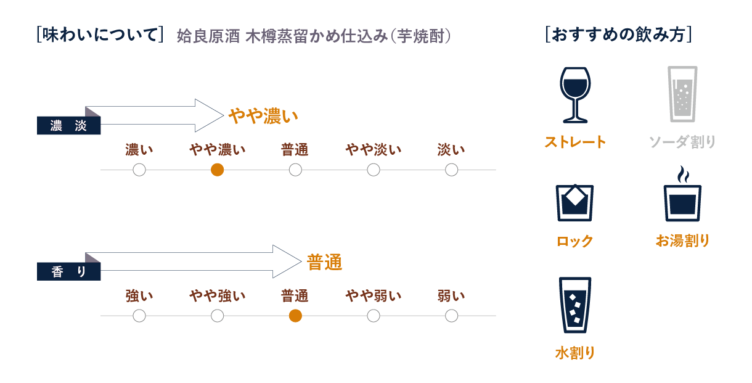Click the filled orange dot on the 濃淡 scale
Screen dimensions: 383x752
coord(217,170)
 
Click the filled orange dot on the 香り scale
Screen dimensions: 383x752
coord(295,316)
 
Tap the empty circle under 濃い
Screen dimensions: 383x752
coord(139,170)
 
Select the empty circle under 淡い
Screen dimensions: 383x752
coord(452,170)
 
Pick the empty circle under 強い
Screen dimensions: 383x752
coord(139,316)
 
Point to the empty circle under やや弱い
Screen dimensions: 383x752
coord(374,316)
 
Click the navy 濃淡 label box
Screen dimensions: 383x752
coord(68,126)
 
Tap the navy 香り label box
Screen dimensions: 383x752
coord(68,271)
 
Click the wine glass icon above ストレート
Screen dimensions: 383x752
coord(575,94)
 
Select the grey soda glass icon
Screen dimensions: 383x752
coord(682,94)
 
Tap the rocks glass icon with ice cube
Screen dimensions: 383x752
coord(575,202)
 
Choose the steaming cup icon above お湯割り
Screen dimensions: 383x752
coord(682,194)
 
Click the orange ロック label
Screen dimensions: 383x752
coord(575,241)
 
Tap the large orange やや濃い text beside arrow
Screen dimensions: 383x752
coord(263,116)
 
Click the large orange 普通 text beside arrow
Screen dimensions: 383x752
coord(325,263)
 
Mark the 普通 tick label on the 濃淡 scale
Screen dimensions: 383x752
coord(295,150)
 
